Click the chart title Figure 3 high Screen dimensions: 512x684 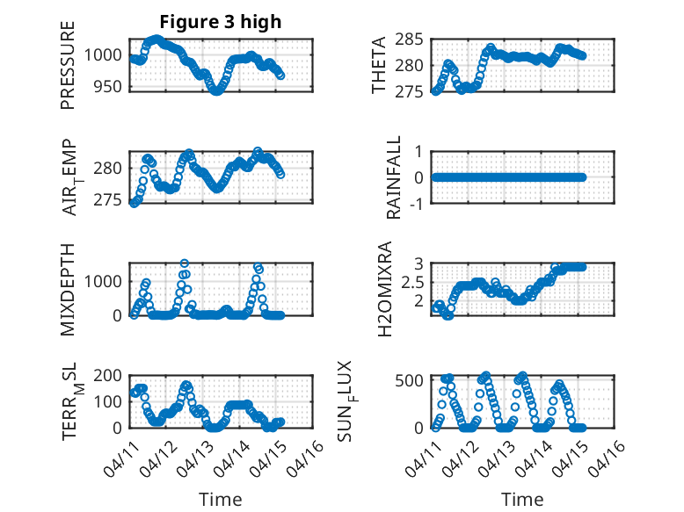coord(220,22)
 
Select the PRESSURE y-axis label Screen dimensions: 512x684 coord(68,65)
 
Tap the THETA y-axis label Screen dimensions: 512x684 coord(379,65)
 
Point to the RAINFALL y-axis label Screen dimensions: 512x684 coord(395,177)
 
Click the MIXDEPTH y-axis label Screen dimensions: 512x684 coord(68,289)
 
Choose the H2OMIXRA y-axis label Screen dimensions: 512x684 coord(385,289)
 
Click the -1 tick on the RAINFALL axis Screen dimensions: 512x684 coord(416,204)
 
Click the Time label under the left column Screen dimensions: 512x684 coord(220,500)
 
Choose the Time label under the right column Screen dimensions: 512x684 coord(523,500)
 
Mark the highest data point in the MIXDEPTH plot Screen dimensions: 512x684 coord(185,263)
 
